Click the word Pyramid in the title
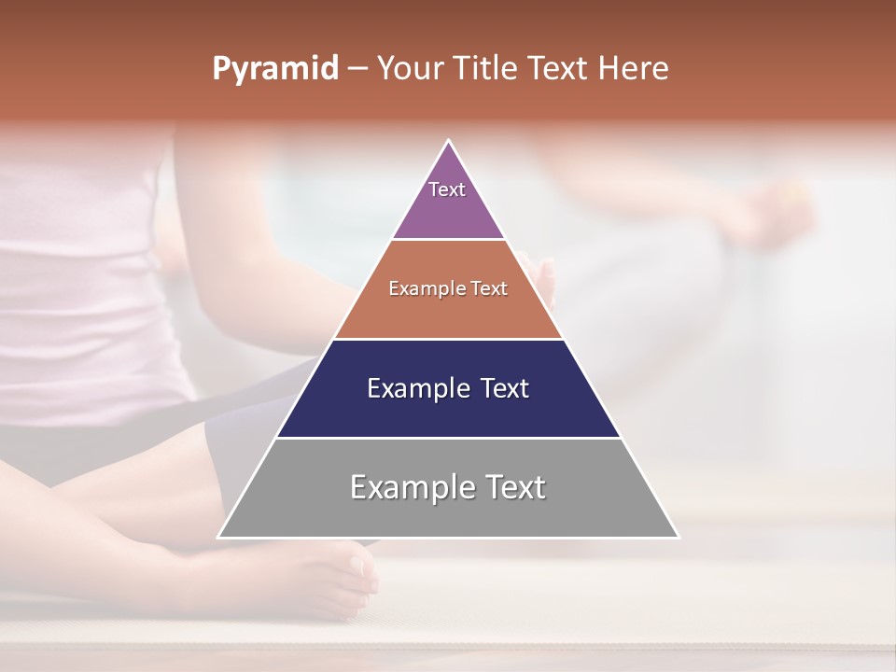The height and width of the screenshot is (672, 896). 274,69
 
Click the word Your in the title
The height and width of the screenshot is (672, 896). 411,69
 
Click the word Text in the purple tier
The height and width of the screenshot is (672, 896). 447,189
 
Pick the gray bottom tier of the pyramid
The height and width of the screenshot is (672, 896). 448,513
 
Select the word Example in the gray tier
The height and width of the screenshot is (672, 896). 407,487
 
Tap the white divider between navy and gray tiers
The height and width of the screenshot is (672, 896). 448,438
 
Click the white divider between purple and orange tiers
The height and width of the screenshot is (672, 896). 448,240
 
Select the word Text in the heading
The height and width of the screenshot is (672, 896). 557,69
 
